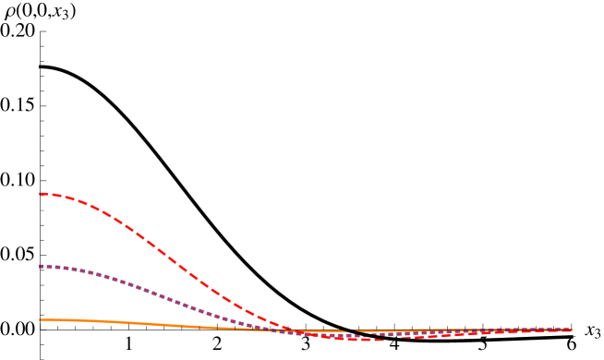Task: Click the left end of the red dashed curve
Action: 40,194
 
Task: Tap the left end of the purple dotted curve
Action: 40,266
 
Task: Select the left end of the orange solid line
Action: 40,319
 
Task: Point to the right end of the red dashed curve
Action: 571,330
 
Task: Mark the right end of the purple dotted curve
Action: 571,329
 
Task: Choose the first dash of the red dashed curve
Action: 45,194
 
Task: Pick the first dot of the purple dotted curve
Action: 42,266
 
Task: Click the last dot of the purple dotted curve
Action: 568,329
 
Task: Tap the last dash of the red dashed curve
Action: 565,330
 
